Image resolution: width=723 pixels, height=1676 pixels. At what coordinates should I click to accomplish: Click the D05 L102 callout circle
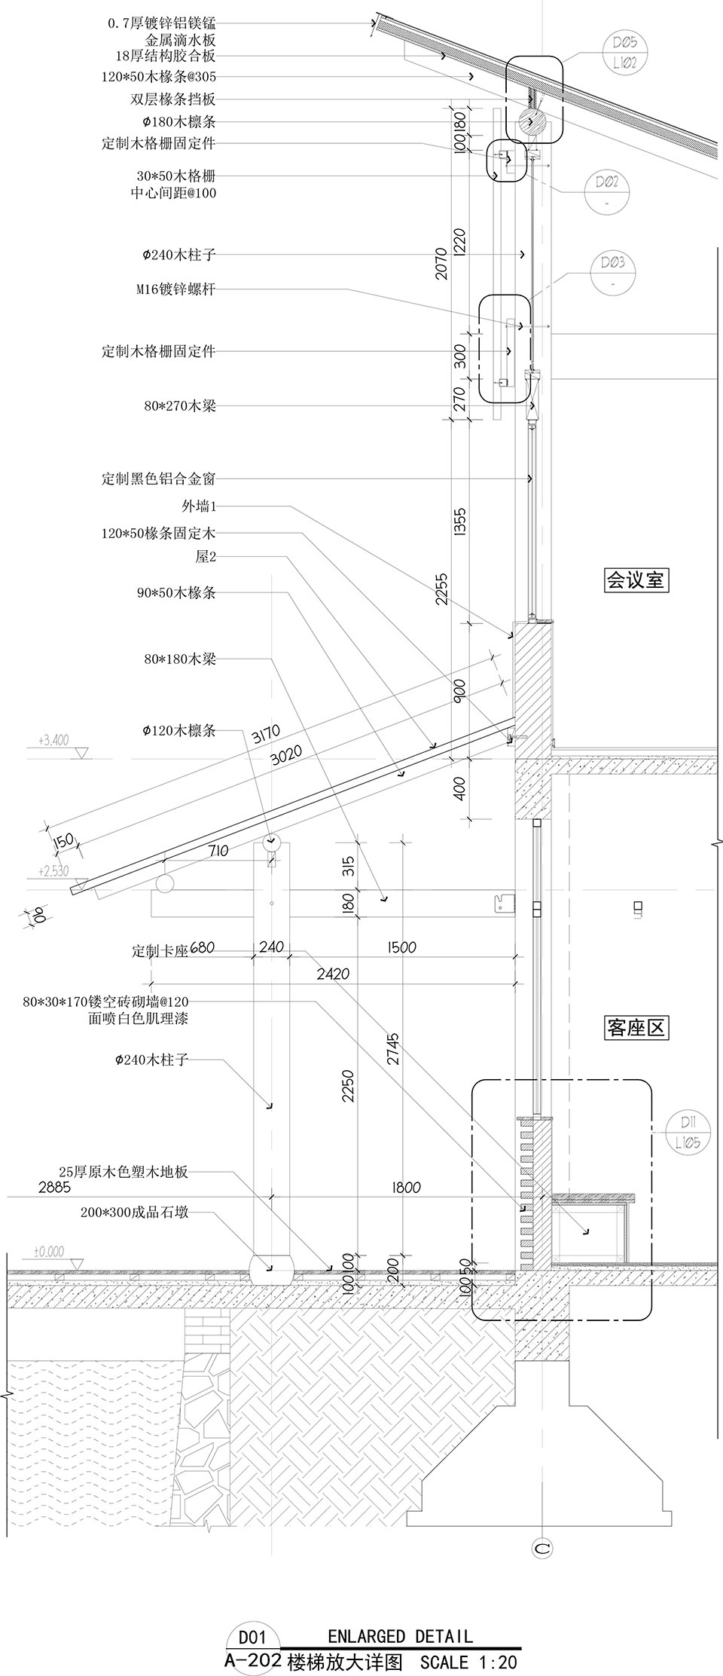[x=624, y=56]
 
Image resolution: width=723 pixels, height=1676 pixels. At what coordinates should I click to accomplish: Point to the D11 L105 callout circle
[x=687, y=1134]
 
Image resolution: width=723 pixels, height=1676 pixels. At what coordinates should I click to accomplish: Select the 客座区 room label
[x=636, y=1027]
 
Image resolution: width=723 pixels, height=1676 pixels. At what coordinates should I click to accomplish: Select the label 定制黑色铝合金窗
[x=159, y=479]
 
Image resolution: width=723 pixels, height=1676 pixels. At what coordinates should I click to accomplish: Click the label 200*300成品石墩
[x=134, y=1439]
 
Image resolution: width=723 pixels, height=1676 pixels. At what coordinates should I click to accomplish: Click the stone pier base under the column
[x=270, y=1494]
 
